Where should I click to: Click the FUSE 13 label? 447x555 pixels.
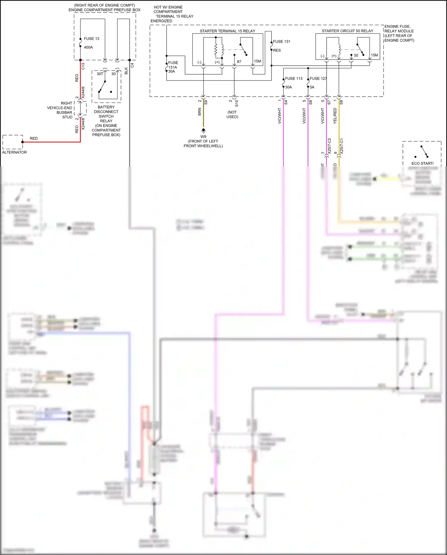pyautogui.click(x=91, y=39)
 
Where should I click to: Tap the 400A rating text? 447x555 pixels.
pyautogui.click(x=88, y=47)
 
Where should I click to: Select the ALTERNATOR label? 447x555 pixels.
pyautogui.click(x=14, y=152)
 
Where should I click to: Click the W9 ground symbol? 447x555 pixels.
pyautogui.click(x=204, y=130)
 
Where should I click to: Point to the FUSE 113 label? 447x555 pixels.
pyautogui.click(x=294, y=78)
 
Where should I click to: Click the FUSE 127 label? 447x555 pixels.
pyautogui.click(x=318, y=78)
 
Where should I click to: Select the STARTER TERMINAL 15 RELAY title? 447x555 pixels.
pyautogui.click(x=227, y=31)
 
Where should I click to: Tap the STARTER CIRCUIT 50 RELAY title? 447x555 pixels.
pyautogui.click(x=347, y=31)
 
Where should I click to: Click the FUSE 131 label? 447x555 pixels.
pyautogui.click(x=281, y=42)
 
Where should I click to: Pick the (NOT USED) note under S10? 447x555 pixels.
pyautogui.click(x=232, y=115)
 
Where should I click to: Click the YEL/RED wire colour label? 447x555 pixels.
pyautogui.click(x=335, y=116)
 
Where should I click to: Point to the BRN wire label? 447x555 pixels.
pyautogui.click(x=200, y=112)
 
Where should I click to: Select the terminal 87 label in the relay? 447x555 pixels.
pyautogui.click(x=239, y=62)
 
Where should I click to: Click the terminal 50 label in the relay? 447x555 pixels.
pyautogui.click(x=356, y=55)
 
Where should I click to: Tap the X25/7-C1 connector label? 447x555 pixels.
pyautogui.click(x=342, y=146)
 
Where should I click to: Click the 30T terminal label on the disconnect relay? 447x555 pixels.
pyautogui.click(x=100, y=74)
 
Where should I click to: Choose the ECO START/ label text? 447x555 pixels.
pyautogui.click(x=422, y=163)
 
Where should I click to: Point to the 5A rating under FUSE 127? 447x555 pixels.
pyautogui.click(x=312, y=87)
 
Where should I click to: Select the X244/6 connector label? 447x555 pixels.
pyautogui.click(x=83, y=92)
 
